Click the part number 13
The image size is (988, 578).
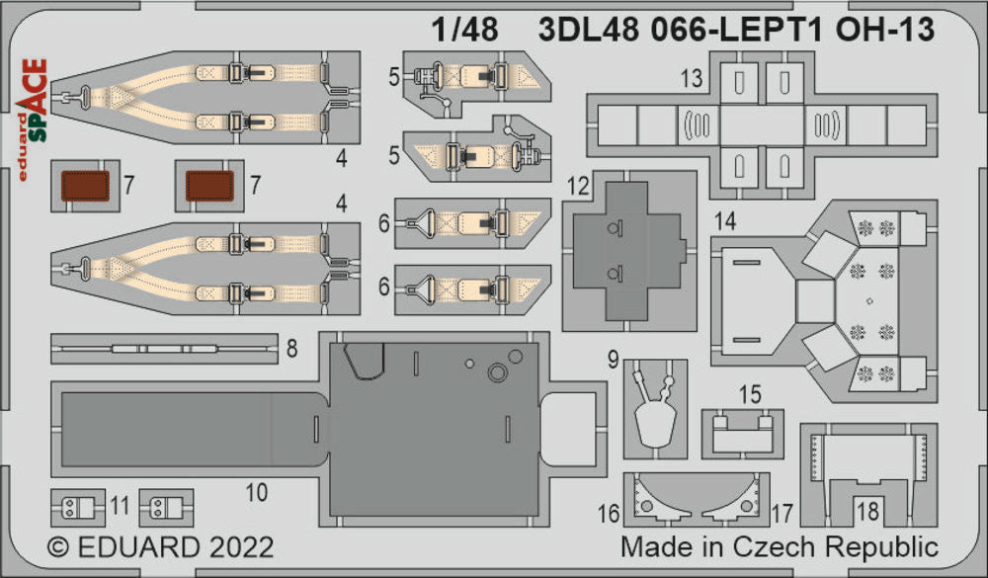691,78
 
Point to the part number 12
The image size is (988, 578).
578,186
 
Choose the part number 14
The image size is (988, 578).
725,222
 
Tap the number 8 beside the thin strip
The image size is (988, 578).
292,348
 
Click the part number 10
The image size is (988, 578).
256,491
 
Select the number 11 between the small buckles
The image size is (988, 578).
120,507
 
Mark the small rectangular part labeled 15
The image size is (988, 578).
743,427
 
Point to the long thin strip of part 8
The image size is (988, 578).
164,349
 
